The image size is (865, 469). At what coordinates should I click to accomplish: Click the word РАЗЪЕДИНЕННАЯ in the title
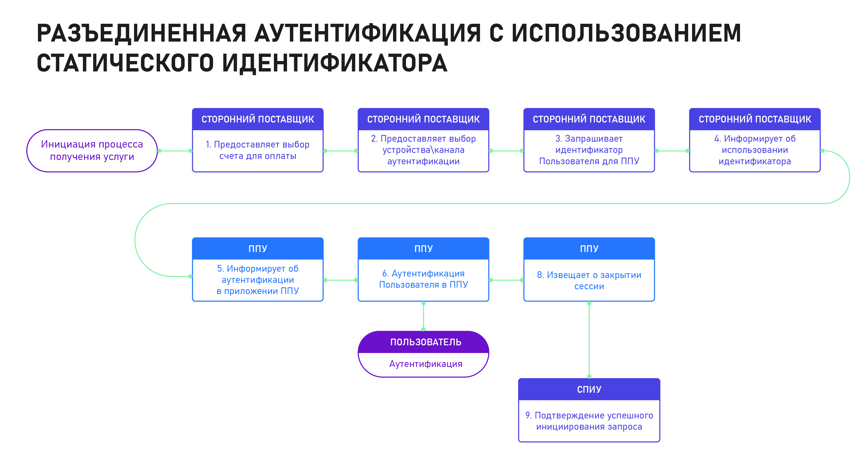(x=142, y=33)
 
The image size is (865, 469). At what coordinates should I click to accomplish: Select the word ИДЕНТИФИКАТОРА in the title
(x=335, y=63)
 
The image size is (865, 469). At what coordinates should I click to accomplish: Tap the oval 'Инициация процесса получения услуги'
(x=92, y=151)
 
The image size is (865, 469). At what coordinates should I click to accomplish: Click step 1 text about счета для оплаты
(x=258, y=150)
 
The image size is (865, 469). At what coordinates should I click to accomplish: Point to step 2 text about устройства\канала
(x=423, y=150)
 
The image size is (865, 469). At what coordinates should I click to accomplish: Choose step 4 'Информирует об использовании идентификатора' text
(x=755, y=150)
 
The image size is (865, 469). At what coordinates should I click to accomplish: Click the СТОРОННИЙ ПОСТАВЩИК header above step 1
(x=258, y=119)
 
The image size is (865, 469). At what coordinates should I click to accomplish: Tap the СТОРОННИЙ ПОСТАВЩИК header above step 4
(x=755, y=119)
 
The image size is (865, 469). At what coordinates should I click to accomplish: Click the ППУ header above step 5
(x=258, y=249)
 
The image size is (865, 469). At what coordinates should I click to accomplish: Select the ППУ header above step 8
(x=589, y=249)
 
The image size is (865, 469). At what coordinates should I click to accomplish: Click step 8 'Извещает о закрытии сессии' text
(x=589, y=280)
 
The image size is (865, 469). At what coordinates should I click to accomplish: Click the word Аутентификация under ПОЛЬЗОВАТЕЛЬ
(x=425, y=364)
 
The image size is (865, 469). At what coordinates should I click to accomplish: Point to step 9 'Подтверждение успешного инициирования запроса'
(x=589, y=421)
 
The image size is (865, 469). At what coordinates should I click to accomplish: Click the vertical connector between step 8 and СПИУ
(x=589, y=340)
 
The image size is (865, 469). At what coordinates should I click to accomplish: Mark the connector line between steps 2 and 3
(x=506, y=151)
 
